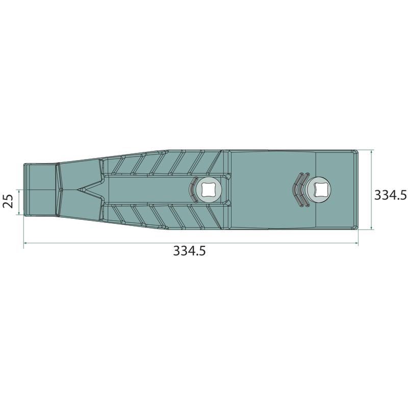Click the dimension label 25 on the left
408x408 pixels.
pyautogui.click(x=8, y=201)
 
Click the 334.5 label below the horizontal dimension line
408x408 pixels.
pyautogui.click(x=189, y=251)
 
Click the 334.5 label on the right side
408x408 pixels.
pyautogui.click(x=390, y=195)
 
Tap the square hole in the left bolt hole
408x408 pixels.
pyautogui.click(x=208, y=190)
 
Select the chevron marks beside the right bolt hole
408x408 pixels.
pyautogui.click(x=301, y=189)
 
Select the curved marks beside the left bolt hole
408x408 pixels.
pyautogui.click(x=193, y=190)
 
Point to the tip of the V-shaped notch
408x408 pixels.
pyautogui.click(x=78, y=190)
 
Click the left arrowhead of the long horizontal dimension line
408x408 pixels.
pyautogui.click(x=25, y=243)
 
